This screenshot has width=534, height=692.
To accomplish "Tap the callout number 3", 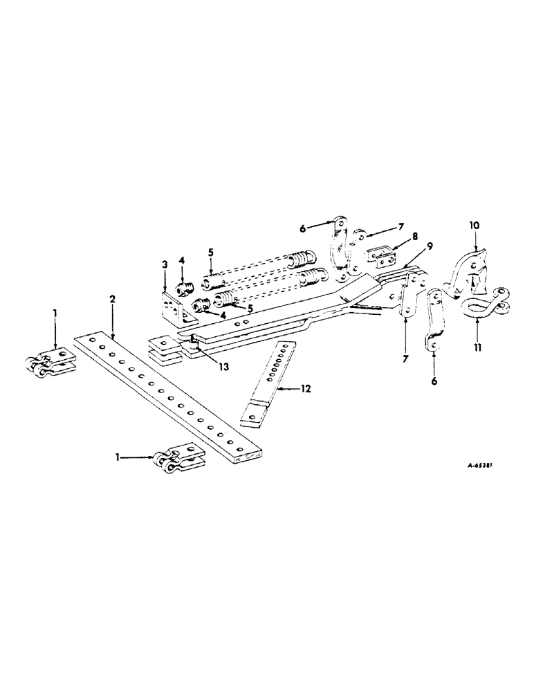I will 165,265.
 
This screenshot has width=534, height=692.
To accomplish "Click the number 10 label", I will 475,226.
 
